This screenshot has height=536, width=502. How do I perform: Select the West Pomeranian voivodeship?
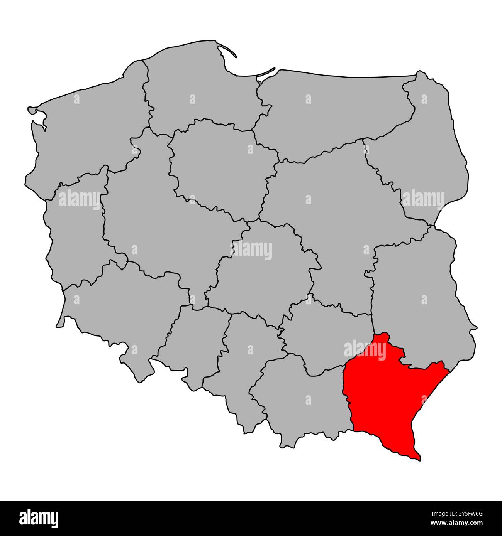point(89,127)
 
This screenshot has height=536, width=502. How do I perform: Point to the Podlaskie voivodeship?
point(425,154)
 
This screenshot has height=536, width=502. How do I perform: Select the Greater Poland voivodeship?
point(154,216)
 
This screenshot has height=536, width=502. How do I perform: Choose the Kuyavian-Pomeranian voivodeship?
point(220,166)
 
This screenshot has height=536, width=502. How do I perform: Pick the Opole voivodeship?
point(193,343)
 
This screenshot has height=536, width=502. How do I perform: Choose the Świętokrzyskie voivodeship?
point(324,339)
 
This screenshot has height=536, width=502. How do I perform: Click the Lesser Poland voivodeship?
point(301,401)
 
